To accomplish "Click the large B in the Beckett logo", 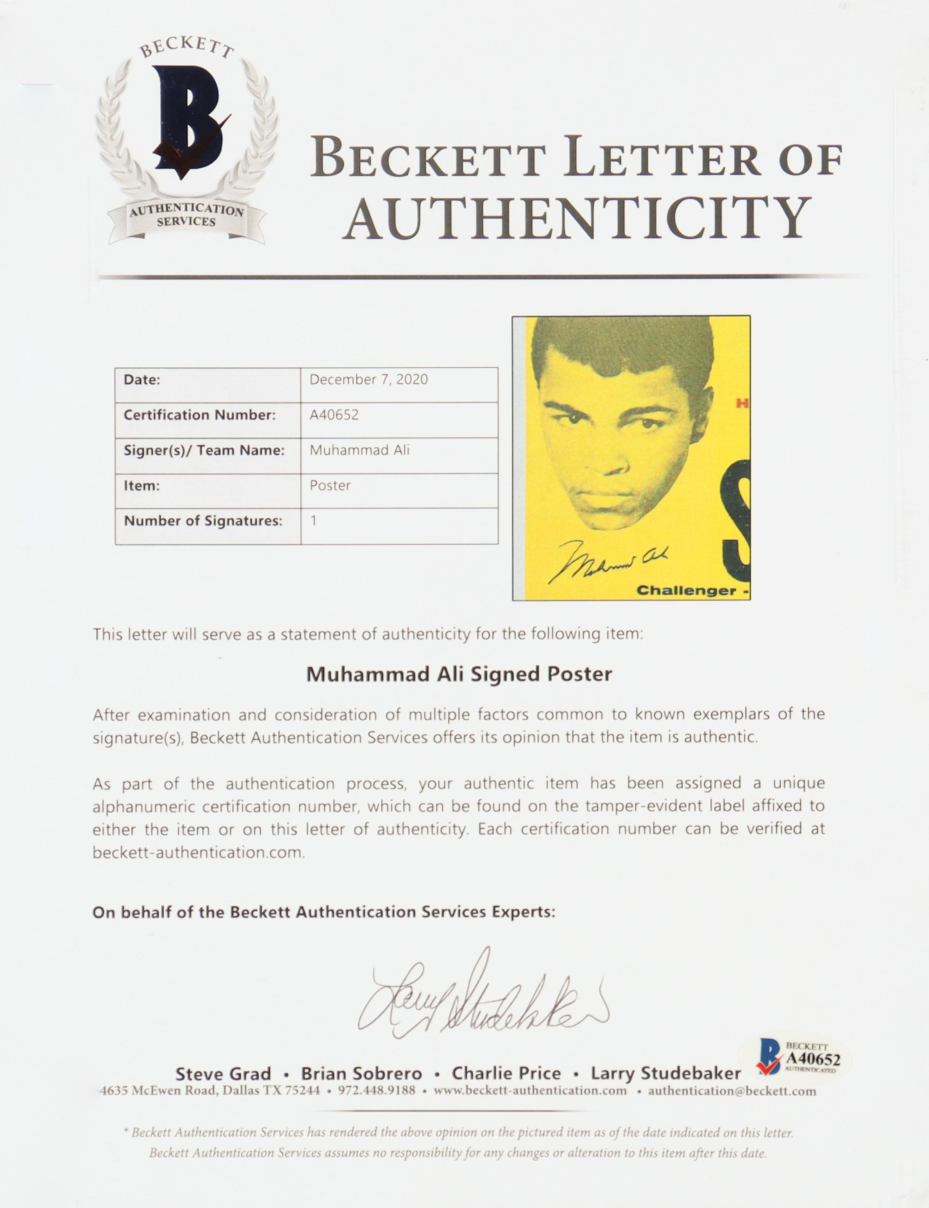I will [x=188, y=119].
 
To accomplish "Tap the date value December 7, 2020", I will [x=368, y=380].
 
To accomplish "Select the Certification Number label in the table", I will [x=200, y=415].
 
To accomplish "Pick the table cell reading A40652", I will [x=334, y=415].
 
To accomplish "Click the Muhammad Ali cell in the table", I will [x=359, y=450].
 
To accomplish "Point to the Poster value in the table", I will [x=330, y=486].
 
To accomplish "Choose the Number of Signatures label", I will [x=203, y=521].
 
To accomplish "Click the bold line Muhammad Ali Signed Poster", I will [x=459, y=675].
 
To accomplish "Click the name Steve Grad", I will [x=223, y=1074].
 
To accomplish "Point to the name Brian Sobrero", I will [x=361, y=1074].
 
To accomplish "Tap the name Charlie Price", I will [x=506, y=1074].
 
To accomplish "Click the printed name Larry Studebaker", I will [x=665, y=1074].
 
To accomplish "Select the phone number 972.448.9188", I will [x=377, y=1091].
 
